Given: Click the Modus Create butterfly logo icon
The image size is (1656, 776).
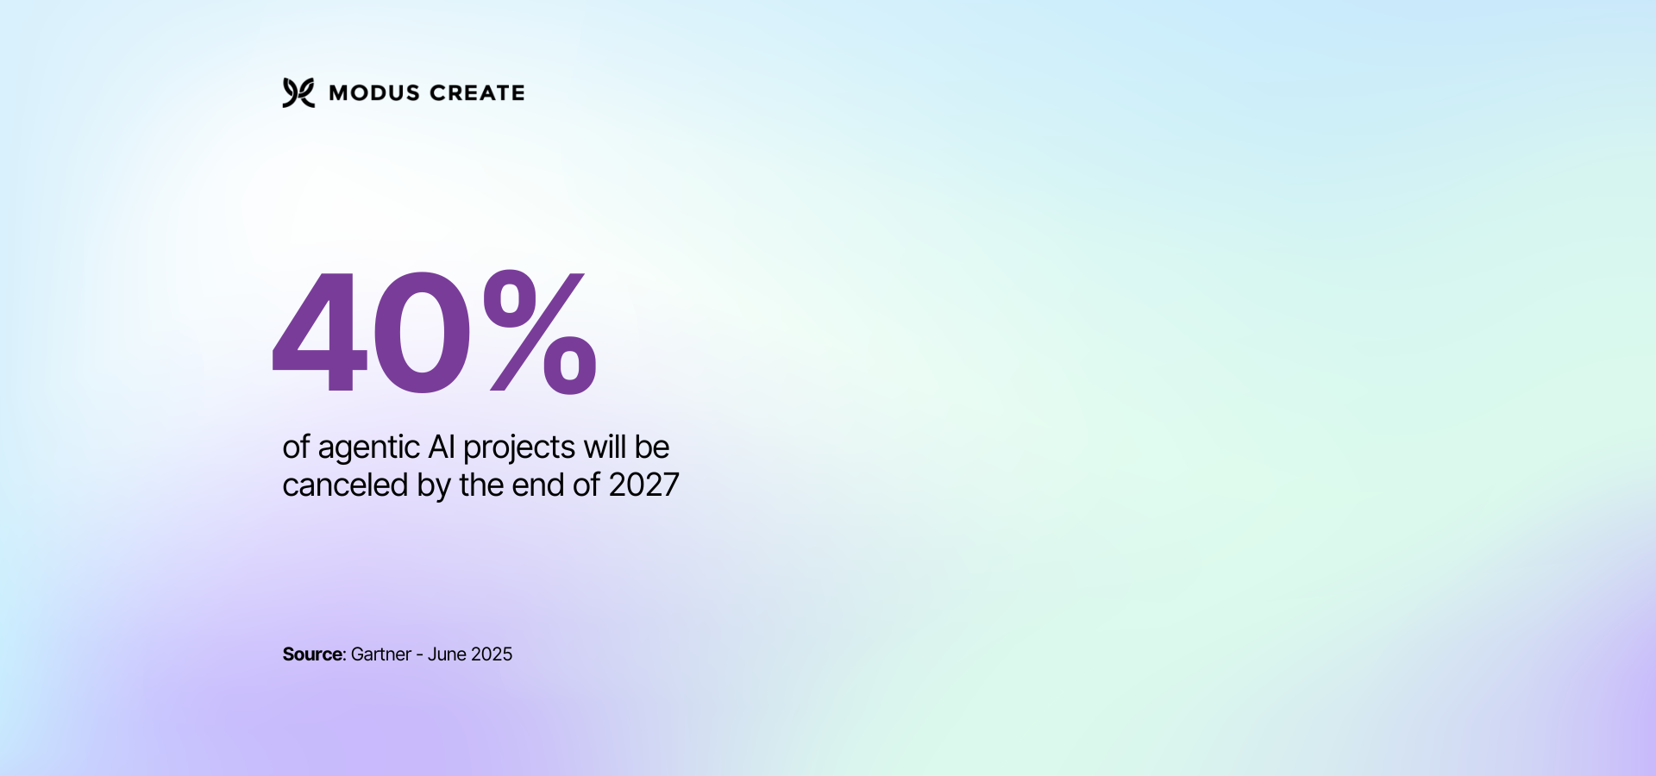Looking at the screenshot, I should pyautogui.click(x=298, y=92).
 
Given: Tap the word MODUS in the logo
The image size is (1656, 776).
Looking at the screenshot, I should pyautogui.click(x=374, y=93).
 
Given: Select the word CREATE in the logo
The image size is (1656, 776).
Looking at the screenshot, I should pyautogui.click(x=477, y=93).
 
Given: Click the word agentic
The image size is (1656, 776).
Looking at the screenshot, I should pyautogui.click(x=368, y=448).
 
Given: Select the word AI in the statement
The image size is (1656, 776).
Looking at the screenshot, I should pyautogui.click(x=441, y=447).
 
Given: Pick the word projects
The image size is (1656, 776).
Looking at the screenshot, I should pyautogui.click(x=519, y=448).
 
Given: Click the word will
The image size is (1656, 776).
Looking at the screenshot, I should pyautogui.click(x=605, y=447).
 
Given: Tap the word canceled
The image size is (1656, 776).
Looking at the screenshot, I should pyautogui.click(x=345, y=485).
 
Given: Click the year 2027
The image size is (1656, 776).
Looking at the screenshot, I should pyautogui.click(x=643, y=485).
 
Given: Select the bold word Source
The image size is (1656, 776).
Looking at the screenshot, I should pyautogui.click(x=312, y=654).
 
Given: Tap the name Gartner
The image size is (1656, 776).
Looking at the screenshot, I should pyautogui.click(x=380, y=654).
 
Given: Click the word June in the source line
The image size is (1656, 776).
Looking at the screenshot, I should pyautogui.click(x=447, y=654).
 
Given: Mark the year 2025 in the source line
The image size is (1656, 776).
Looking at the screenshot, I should pyautogui.click(x=492, y=654).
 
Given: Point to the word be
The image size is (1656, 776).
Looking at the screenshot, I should pyautogui.click(x=652, y=447).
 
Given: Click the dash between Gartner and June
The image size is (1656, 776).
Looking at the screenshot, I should pyautogui.click(x=419, y=655).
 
